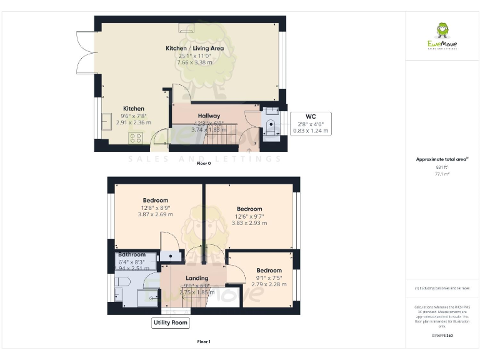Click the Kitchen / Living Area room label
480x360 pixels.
click(x=194, y=48)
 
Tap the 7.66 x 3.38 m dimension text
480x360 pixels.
click(x=194, y=62)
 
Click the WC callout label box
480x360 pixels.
click(x=311, y=124)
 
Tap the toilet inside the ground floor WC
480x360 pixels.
click(x=271, y=124)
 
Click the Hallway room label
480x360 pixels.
click(x=209, y=116)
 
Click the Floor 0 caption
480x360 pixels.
click(x=204, y=163)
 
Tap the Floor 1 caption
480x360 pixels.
click(x=204, y=342)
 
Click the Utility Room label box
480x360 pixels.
click(x=171, y=322)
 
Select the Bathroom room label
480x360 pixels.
click(x=132, y=254)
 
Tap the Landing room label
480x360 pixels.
click(x=197, y=278)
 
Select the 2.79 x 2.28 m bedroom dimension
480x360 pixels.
click(x=269, y=284)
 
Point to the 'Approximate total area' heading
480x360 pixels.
click(x=442, y=159)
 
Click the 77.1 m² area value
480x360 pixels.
click(x=442, y=174)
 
